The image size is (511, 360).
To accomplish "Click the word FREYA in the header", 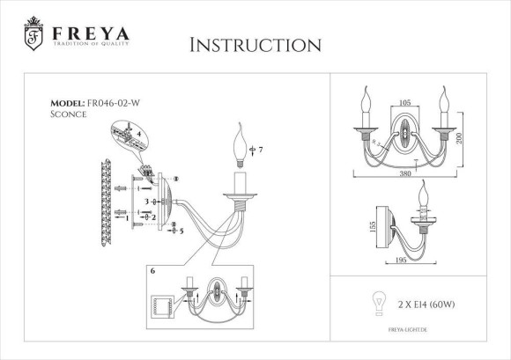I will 91,33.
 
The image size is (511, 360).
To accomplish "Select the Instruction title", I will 255,44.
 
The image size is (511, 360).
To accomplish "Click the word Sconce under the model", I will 69,113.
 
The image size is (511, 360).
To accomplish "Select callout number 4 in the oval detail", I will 137,134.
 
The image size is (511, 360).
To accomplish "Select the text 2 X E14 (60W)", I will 427,304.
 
